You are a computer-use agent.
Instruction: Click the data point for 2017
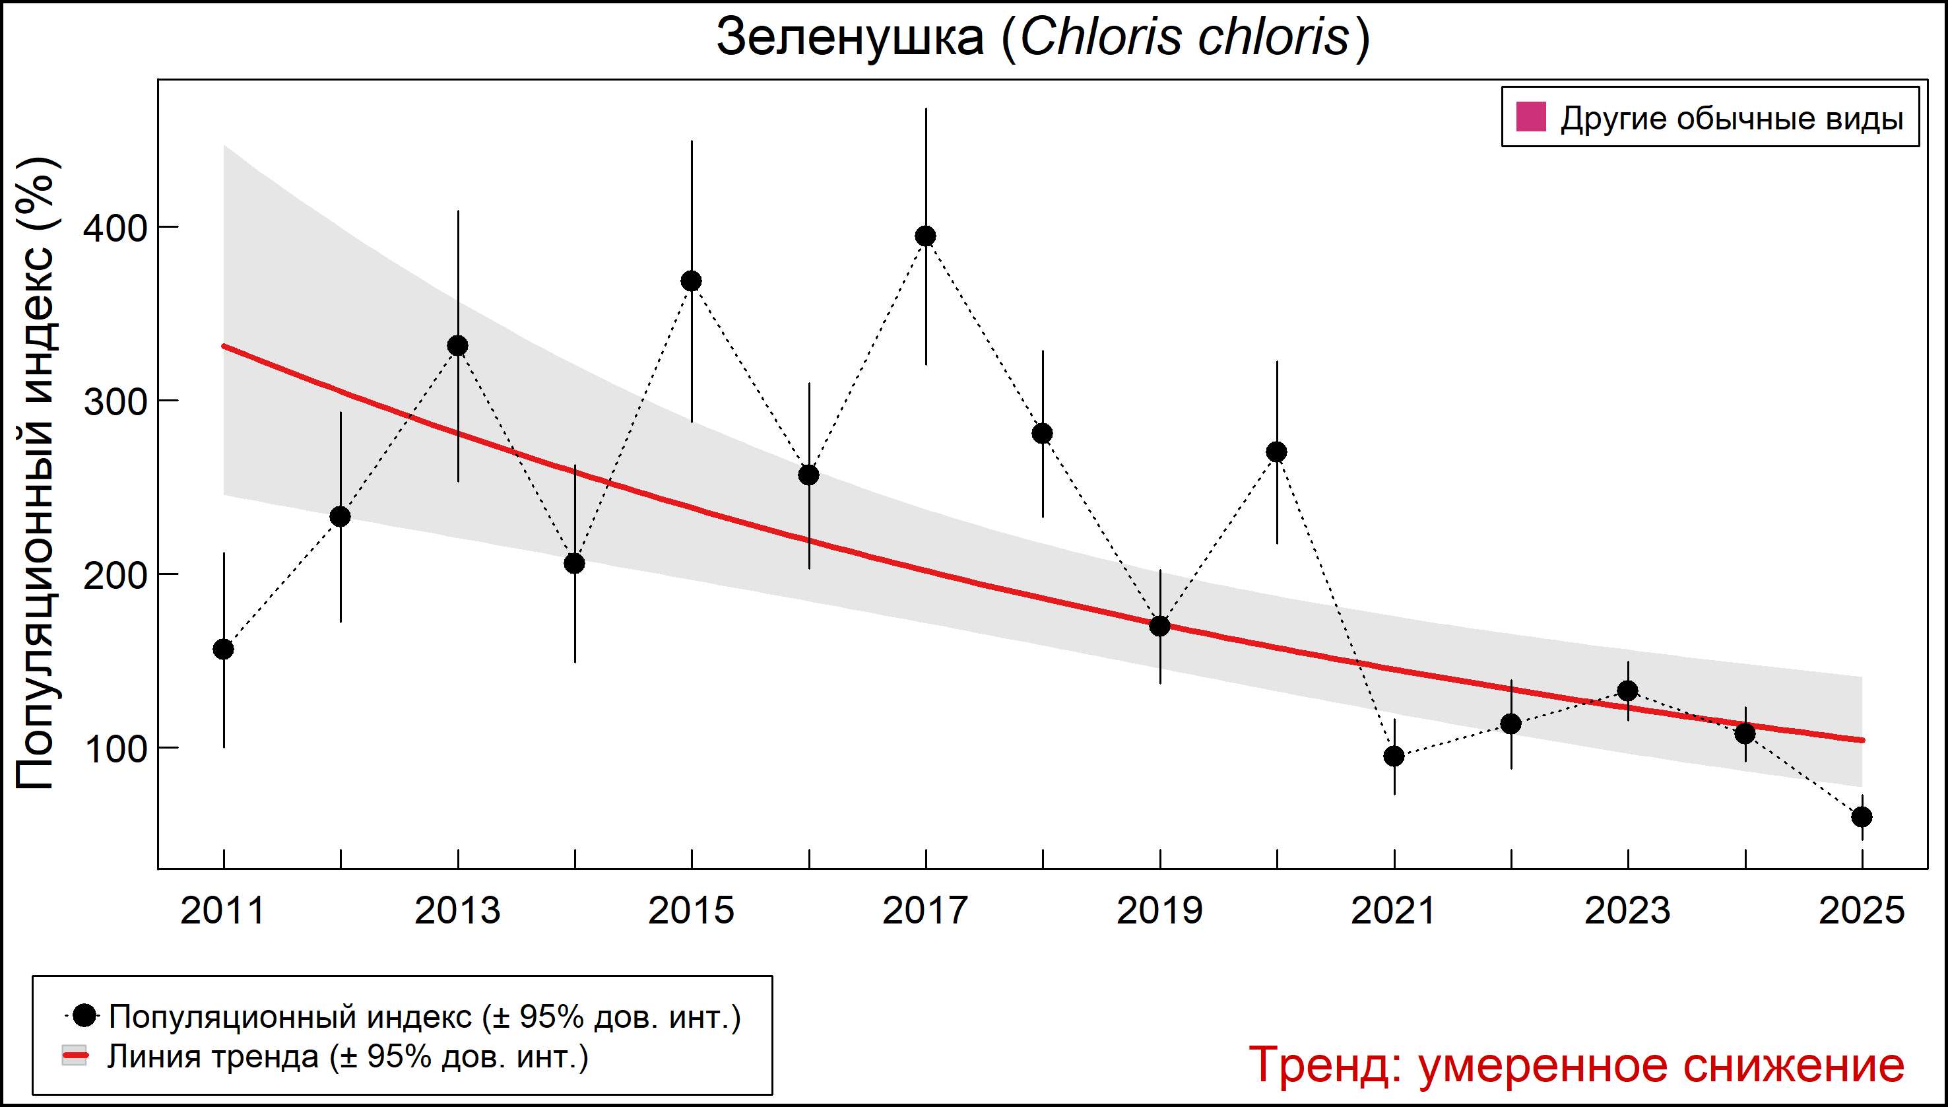tap(926, 236)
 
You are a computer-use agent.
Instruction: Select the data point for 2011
tap(224, 650)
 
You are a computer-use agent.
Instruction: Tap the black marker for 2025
tap(1862, 817)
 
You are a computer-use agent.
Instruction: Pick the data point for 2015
tap(692, 281)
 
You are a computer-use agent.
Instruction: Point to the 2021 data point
tap(1394, 756)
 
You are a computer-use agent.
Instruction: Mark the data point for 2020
tap(1277, 452)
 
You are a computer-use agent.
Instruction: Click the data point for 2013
tap(457, 346)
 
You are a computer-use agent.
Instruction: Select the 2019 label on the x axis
tap(1160, 911)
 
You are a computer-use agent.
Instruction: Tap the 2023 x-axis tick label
tap(1627, 911)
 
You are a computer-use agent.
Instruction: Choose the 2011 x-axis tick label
tap(224, 911)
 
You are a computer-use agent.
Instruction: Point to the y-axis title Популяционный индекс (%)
tap(36, 475)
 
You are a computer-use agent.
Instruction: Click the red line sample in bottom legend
tap(75, 1057)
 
